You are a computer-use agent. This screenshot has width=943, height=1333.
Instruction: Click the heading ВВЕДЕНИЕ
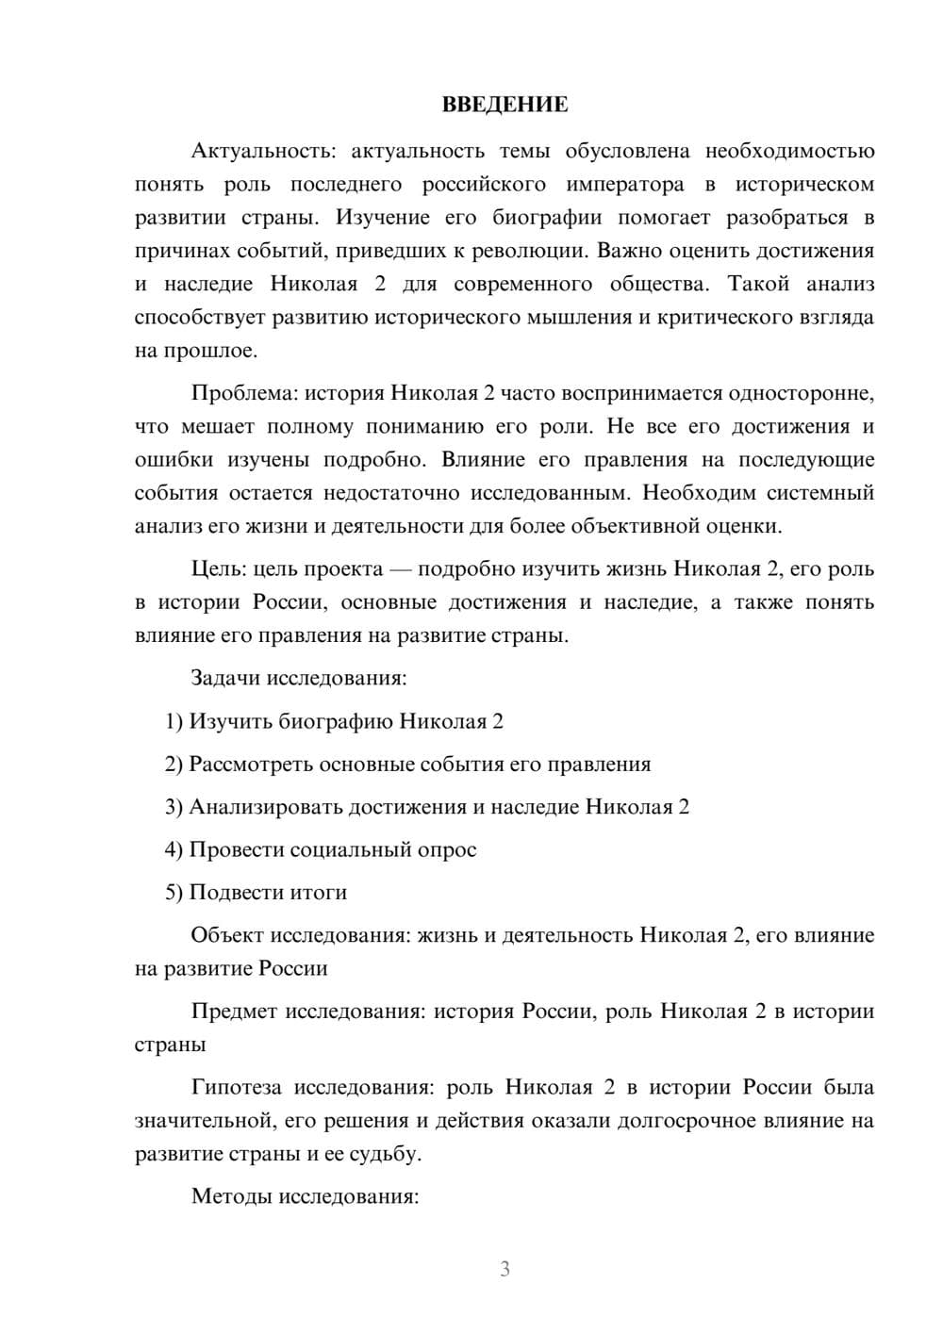[x=505, y=105]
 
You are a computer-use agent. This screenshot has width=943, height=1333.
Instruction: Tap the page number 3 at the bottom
[x=505, y=1269]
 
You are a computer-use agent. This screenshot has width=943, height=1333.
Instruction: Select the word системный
[x=819, y=493]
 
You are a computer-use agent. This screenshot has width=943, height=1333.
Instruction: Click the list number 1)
[x=174, y=721]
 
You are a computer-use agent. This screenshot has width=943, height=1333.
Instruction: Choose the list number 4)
[x=174, y=849]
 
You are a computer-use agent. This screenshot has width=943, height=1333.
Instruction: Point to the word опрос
[x=446, y=849]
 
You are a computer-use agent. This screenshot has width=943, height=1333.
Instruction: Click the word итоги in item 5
[x=318, y=892]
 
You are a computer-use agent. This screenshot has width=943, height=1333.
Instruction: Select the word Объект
[x=227, y=935]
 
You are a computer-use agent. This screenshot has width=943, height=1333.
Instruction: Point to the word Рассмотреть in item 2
[x=251, y=764]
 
